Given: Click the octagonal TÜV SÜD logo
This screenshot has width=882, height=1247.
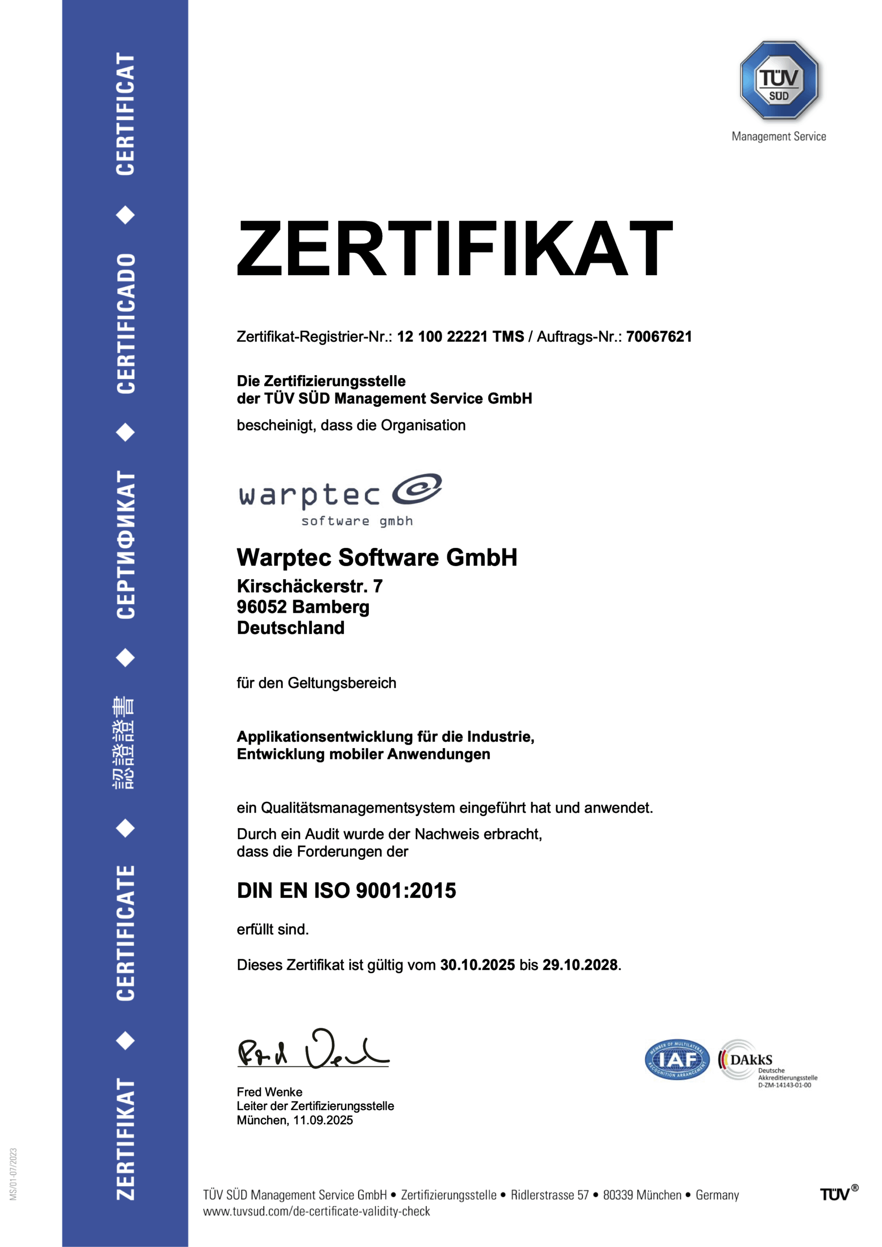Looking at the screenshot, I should (779, 80).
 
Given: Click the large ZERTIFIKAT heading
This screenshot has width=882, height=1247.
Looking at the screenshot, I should (455, 248).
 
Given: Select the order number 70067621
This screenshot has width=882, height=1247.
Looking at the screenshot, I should (659, 337).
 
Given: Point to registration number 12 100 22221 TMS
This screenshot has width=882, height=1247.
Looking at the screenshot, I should (460, 337).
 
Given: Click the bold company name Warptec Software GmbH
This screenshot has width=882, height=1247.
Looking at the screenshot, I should (377, 557).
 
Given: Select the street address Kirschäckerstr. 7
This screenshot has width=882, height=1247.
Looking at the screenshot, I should (310, 586).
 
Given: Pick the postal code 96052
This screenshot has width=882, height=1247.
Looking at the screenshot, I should (261, 606).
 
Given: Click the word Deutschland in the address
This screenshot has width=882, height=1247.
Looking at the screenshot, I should (291, 628).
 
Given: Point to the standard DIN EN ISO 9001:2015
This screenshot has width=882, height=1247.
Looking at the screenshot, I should (346, 891).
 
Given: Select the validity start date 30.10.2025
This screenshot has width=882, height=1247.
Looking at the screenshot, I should (477, 964).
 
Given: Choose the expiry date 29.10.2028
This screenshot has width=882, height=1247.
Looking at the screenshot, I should (580, 964).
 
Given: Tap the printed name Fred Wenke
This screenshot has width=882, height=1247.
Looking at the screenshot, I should (269, 1092).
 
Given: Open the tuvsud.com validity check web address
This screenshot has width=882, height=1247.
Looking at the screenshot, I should (316, 1211).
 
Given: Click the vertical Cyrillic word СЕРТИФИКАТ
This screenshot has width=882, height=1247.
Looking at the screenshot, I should (126, 545).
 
